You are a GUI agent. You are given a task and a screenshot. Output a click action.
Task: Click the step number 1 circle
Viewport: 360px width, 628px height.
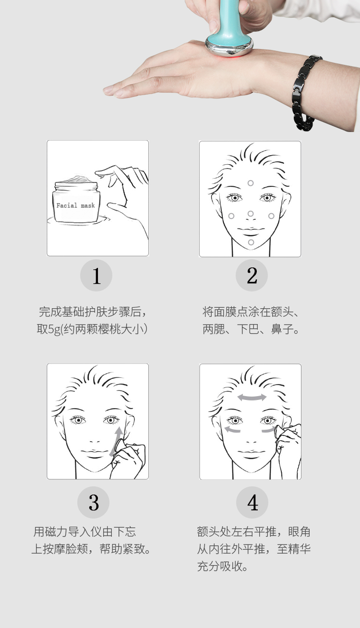click(x=96, y=275)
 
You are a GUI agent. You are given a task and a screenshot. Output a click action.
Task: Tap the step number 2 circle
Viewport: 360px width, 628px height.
click(x=252, y=275)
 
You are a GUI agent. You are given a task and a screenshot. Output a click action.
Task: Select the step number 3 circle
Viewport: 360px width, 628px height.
click(x=94, y=502)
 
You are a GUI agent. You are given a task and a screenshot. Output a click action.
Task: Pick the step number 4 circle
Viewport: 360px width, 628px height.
click(x=252, y=502)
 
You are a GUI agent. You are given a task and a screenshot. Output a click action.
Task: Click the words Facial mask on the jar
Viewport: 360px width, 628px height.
click(x=75, y=205)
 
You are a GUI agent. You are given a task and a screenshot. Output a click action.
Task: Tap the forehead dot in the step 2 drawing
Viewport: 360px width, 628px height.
click(x=251, y=183)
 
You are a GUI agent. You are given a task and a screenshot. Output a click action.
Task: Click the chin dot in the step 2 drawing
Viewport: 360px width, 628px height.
click(x=251, y=242)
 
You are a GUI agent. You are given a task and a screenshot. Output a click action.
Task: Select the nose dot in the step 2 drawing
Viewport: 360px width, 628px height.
click(x=251, y=214)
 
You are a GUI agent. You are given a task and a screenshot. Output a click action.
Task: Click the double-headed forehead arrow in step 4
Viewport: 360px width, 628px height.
click(x=252, y=397)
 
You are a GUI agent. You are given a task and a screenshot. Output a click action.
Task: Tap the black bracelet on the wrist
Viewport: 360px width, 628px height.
click(x=304, y=93)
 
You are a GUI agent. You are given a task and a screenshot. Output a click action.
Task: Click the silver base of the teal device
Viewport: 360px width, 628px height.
click(x=229, y=47)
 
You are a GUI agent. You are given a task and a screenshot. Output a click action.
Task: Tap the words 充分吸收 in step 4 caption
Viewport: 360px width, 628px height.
click(x=219, y=567)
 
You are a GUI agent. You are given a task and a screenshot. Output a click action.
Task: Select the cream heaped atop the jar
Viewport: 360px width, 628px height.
click(x=76, y=180)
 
